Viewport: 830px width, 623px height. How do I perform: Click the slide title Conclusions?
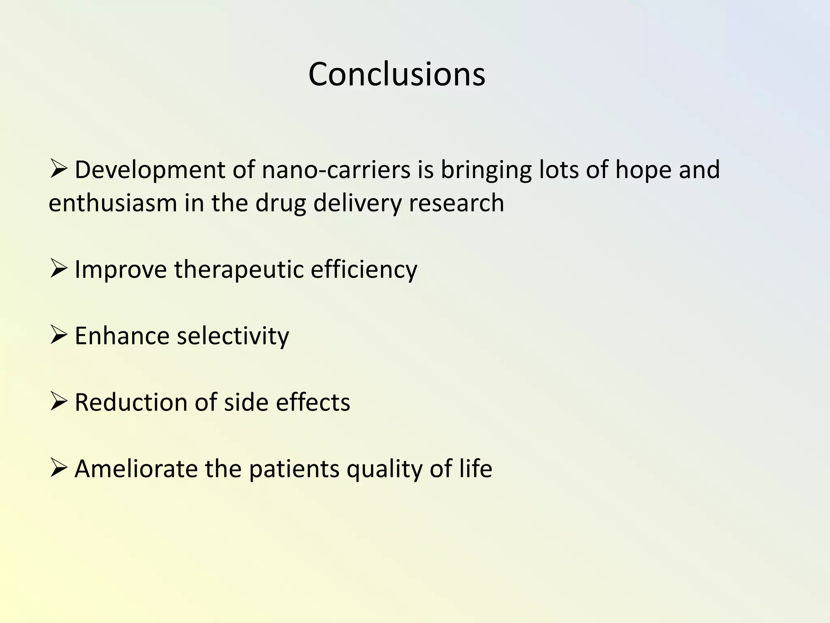tap(396, 74)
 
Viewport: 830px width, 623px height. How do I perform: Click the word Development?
tap(150, 170)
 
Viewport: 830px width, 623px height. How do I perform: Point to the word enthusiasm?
tap(113, 203)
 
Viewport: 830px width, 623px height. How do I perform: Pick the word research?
tap(456, 203)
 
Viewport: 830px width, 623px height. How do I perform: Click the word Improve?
tap(120, 269)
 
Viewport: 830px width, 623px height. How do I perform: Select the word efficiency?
tap(364, 269)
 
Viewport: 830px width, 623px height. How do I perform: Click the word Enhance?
tap(122, 336)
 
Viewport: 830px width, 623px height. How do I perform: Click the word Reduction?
tap(131, 402)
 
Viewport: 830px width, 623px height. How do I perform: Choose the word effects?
tap(313, 402)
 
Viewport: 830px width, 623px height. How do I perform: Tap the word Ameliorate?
tap(136, 469)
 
